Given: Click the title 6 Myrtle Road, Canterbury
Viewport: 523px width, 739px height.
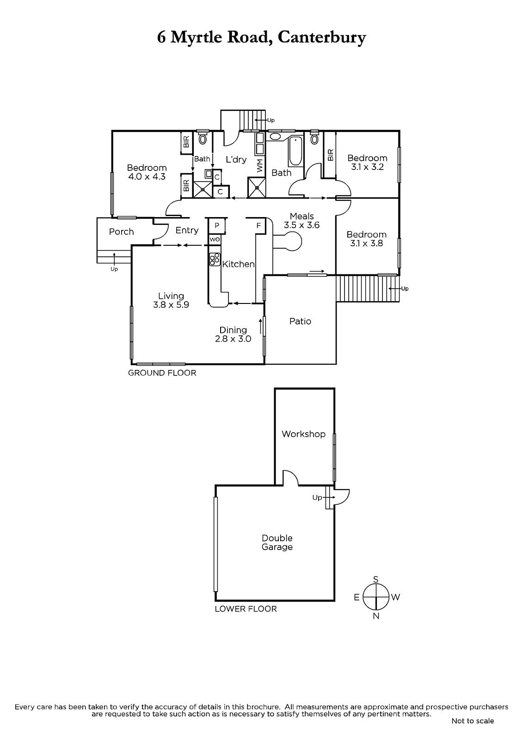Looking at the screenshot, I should coord(261,37).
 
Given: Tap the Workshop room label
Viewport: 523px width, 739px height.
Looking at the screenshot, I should coord(303,434).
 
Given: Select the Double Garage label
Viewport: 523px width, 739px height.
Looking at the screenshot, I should coord(277,543).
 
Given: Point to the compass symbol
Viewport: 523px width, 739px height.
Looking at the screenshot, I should coord(376,597).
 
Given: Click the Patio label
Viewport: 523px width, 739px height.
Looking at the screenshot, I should coord(300,321).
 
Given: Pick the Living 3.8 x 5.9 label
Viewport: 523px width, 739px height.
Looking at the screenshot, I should coord(171,300).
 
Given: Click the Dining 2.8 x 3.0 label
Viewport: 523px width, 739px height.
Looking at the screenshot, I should coord(233,334).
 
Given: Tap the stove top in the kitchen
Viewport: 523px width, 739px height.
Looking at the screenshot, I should coord(214,260).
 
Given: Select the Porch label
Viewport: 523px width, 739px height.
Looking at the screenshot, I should coord(121,231).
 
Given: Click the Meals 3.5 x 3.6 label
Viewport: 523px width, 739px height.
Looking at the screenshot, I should coord(302,221).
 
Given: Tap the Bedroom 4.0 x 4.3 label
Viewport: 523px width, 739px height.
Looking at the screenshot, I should coord(147,172).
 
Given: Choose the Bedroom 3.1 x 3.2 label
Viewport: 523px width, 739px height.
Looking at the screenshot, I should coord(367,163).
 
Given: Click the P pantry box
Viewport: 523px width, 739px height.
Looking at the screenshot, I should coord(216,226).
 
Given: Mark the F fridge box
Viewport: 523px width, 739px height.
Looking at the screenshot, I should coord(259,226).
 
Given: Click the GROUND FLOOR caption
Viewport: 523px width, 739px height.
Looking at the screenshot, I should coord(162,373).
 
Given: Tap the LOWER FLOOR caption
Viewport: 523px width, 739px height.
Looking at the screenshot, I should coord(246,609).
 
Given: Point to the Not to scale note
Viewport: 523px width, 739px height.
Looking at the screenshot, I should coord(473,721).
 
